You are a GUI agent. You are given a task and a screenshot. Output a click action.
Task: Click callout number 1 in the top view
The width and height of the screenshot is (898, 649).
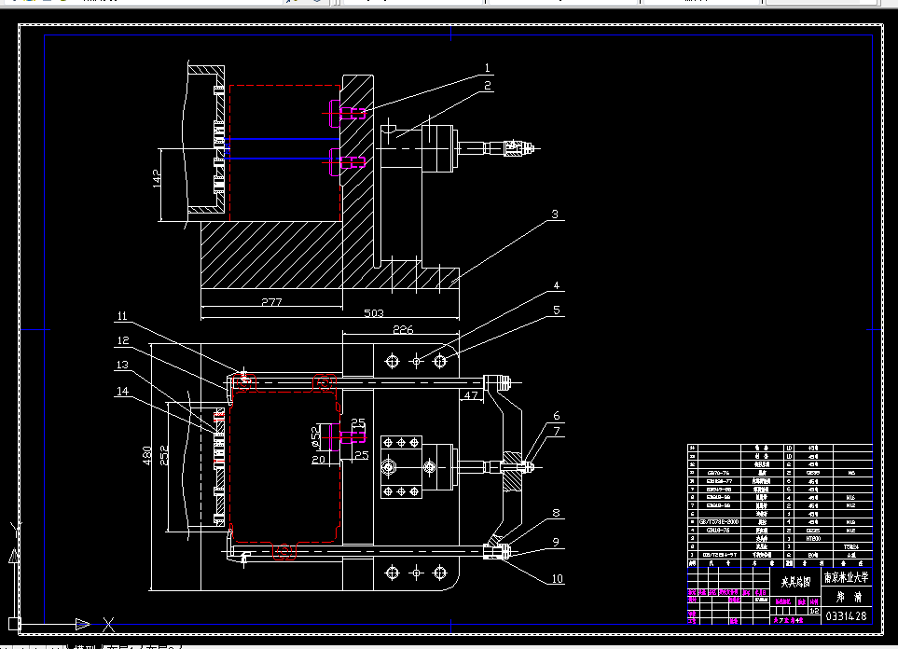pyautogui.click(x=487, y=68)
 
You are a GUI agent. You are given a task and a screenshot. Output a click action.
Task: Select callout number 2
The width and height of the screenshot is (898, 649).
pyautogui.click(x=487, y=86)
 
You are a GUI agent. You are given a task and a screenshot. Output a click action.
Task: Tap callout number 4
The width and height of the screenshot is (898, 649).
pyautogui.click(x=555, y=286)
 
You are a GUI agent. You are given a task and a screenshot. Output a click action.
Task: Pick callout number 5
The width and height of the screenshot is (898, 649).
pyautogui.click(x=555, y=311)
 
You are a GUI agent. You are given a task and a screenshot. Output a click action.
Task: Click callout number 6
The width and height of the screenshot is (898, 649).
pyautogui.click(x=556, y=416)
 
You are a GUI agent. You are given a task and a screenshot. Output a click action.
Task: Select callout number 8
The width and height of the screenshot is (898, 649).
pyautogui.click(x=556, y=512)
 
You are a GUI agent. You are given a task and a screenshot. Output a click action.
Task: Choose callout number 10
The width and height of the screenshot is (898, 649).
pyautogui.click(x=557, y=579)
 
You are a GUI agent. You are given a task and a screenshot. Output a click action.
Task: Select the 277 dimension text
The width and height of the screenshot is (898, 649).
pyautogui.click(x=270, y=303)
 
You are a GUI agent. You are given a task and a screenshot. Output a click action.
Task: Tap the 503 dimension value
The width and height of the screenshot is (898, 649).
pyautogui.click(x=373, y=314)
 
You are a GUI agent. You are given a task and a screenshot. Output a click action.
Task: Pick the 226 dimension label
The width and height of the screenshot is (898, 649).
pyautogui.click(x=402, y=329)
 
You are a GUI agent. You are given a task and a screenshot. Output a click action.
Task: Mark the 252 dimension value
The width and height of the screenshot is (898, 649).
pyautogui.click(x=165, y=454)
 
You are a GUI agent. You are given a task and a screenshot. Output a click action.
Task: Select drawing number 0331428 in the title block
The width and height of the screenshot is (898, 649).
pyautogui.click(x=847, y=615)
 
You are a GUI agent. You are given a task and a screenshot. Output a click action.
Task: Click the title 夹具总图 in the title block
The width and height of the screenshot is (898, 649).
pyautogui.click(x=794, y=580)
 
